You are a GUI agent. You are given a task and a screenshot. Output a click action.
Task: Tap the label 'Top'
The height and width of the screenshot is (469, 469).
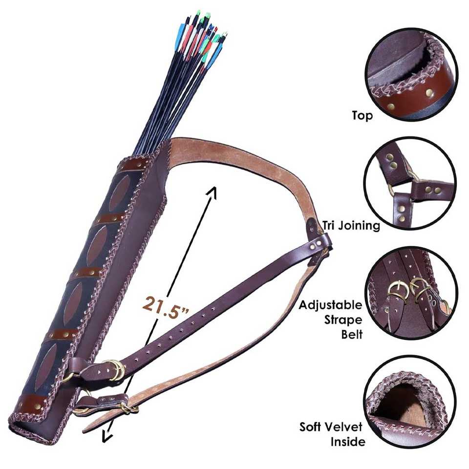click(362, 116)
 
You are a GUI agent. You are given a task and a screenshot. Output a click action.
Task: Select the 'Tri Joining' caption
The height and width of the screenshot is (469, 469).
click(350, 225)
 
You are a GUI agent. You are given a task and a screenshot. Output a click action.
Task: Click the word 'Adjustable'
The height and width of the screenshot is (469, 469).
click(331, 306)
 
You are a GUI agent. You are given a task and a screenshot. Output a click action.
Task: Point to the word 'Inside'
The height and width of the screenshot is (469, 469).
click(348, 442)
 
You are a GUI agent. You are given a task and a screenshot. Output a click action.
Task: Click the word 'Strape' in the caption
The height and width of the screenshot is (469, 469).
click(343, 321)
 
